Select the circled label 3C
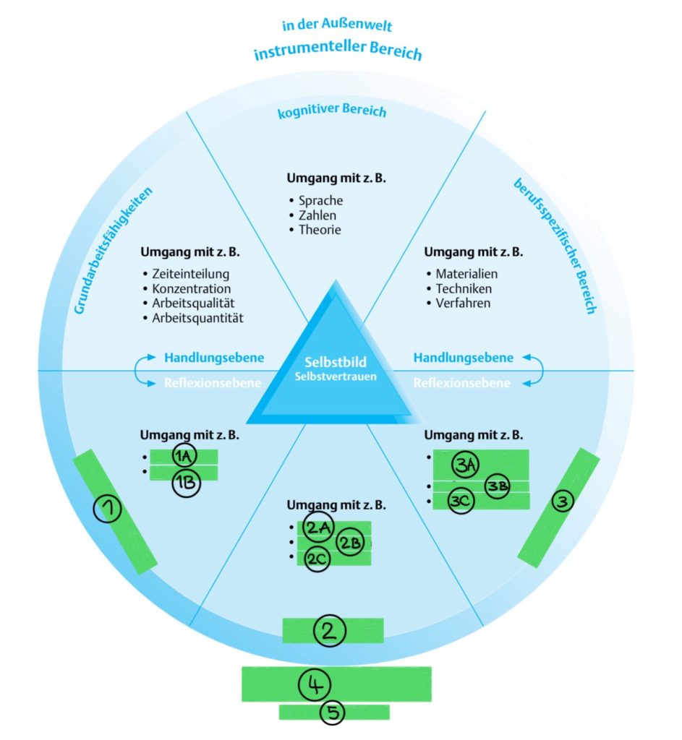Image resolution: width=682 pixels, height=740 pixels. click(460, 501)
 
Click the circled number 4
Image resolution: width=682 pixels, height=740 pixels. click(315, 684)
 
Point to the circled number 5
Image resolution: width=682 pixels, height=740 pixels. click(333, 713)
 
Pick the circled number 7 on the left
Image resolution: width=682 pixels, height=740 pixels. click(108, 510)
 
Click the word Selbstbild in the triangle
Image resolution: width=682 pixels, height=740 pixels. click(336, 361)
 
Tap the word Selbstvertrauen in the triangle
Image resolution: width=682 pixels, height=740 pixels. click(336, 377)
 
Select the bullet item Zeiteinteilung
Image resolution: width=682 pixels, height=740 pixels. click(191, 275)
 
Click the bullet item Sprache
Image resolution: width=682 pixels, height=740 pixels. click(320, 201)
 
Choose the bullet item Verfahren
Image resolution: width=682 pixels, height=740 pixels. click(463, 304)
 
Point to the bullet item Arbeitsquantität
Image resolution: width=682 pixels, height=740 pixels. click(197, 318)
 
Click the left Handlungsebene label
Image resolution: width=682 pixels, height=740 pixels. click(214, 358)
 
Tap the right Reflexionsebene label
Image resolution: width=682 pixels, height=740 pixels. click(461, 383)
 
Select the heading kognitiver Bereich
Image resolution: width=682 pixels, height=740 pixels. click(332, 112)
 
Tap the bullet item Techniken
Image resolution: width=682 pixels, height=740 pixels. click(464, 289)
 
